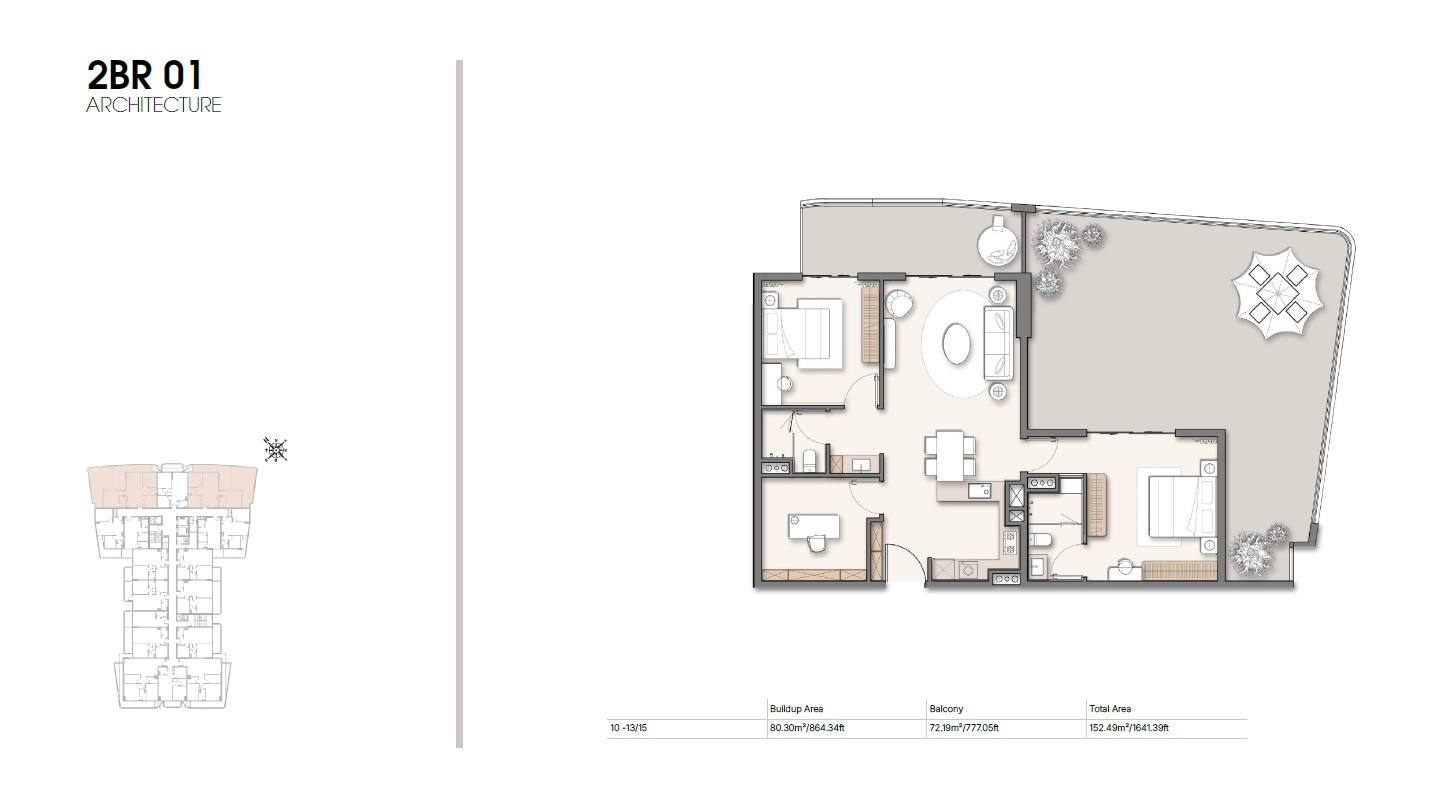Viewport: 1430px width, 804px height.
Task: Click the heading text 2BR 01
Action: (144, 77)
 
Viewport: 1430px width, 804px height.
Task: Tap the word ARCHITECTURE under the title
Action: (154, 105)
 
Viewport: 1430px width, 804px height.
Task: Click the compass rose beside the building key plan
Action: (275, 451)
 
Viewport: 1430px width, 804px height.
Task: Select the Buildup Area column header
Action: (796, 709)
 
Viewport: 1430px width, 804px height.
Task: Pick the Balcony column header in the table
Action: (945, 709)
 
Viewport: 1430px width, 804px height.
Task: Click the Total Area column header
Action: (1109, 709)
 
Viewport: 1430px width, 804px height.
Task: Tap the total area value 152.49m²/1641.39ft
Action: (1129, 729)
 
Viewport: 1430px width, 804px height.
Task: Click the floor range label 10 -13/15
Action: (630, 729)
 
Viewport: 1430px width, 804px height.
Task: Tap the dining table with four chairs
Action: (946, 452)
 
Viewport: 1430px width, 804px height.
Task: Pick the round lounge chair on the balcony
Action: (996, 241)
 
